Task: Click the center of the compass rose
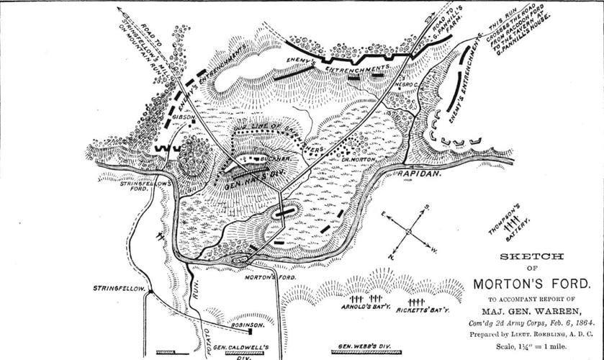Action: tap(408, 232)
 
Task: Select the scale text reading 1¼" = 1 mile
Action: tap(545, 348)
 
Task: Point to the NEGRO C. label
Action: tap(407, 84)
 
